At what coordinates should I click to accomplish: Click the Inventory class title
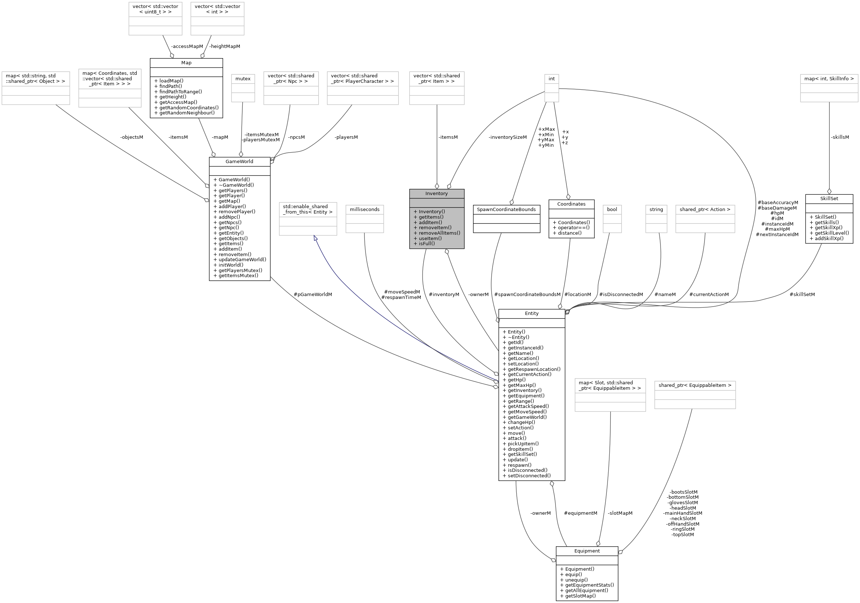436,194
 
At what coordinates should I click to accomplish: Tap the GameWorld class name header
239,161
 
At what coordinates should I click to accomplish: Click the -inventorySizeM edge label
508,137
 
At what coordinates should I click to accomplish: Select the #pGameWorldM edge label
313,294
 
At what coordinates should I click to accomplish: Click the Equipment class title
586,551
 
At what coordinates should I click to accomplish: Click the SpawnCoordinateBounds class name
506,209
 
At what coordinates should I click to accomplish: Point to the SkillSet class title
829,198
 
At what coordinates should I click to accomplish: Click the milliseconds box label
364,209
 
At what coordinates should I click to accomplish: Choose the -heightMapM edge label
225,46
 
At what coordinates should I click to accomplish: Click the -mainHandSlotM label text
682,513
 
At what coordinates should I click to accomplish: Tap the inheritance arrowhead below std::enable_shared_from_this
315,238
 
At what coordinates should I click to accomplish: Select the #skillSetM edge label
802,294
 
